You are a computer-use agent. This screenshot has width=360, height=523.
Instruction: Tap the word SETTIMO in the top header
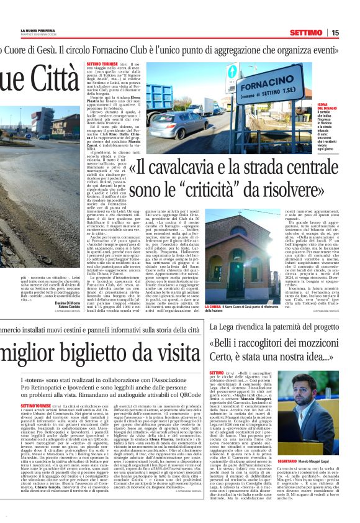pyautogui.click(x=305, y=33)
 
